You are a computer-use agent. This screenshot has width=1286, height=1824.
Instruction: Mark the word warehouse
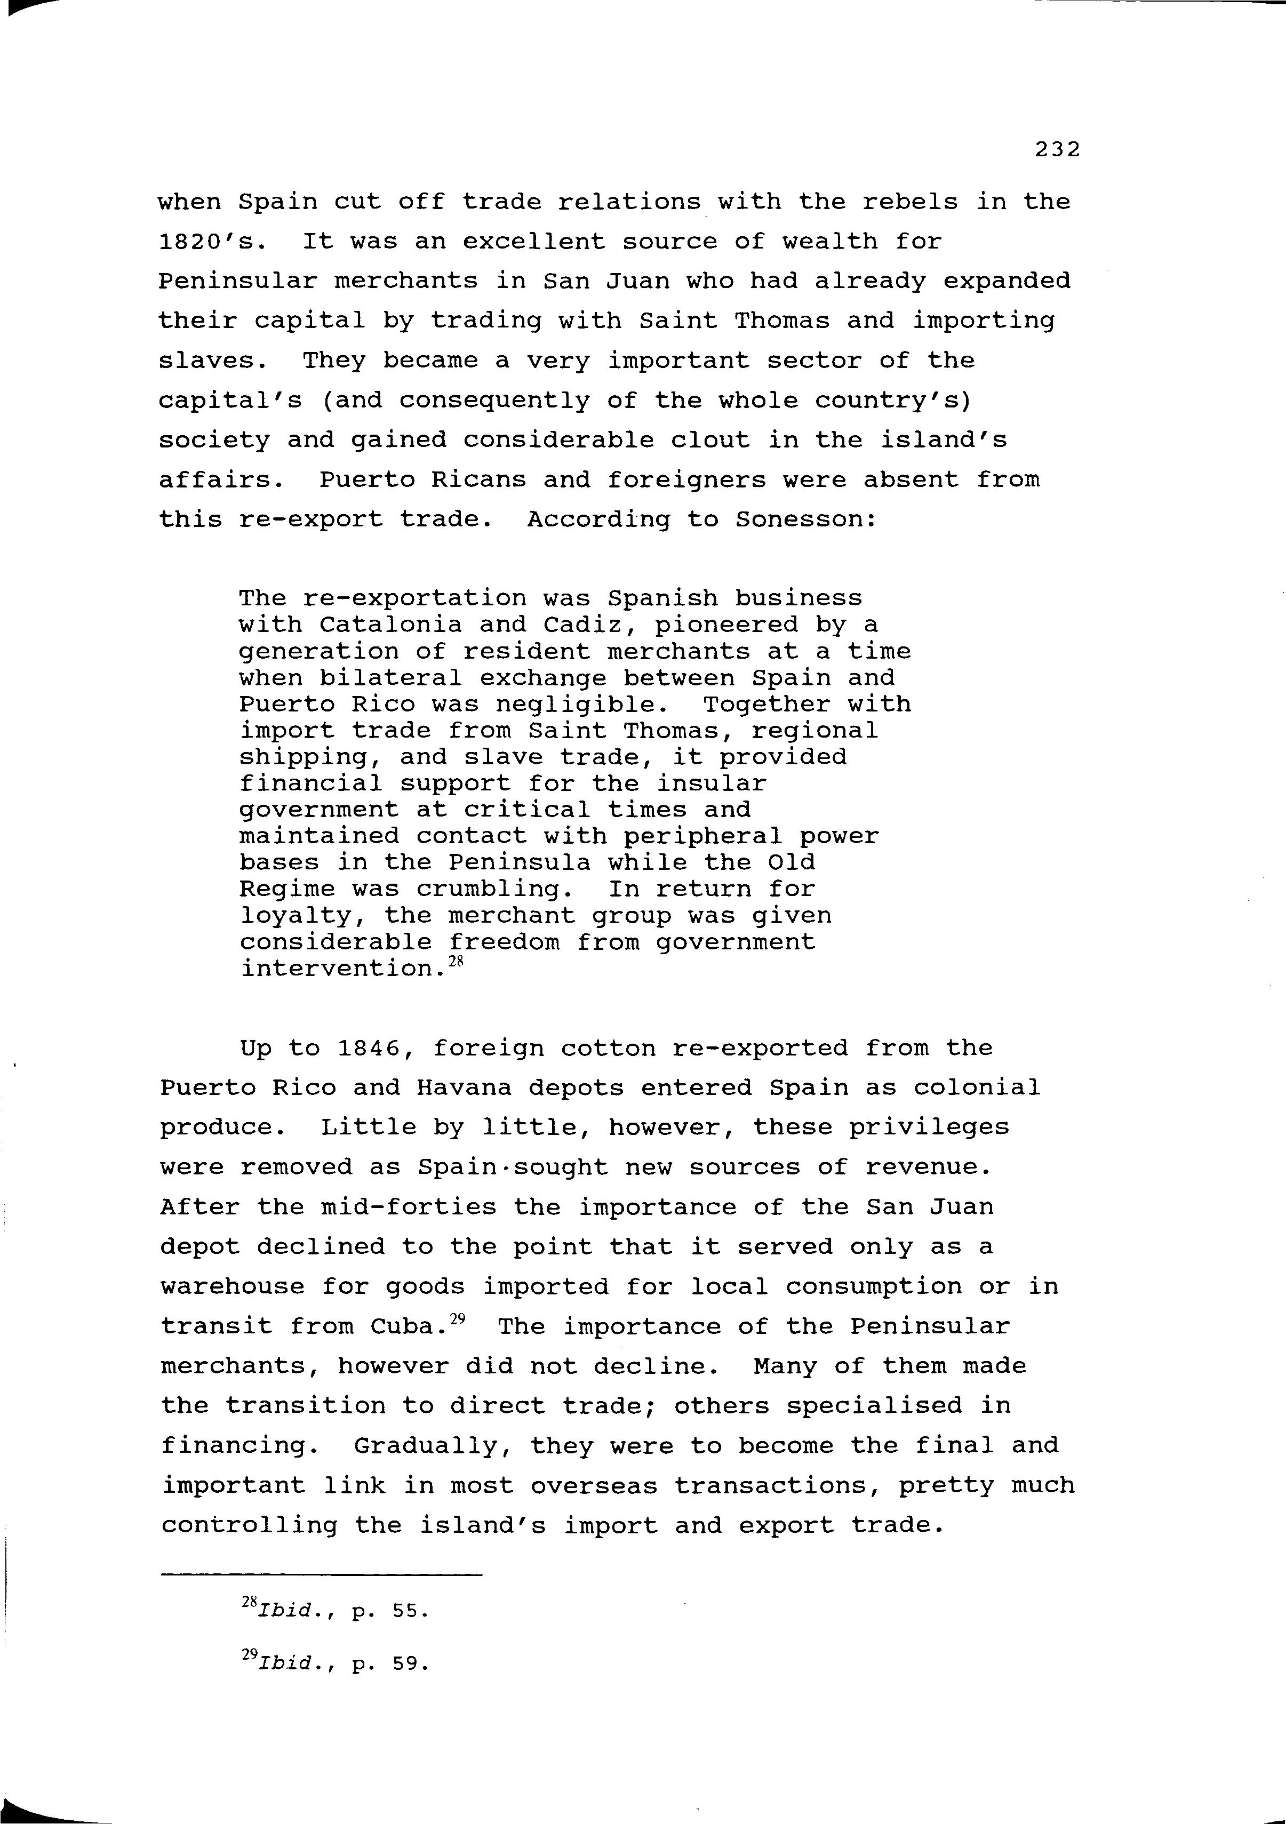[232, 1287]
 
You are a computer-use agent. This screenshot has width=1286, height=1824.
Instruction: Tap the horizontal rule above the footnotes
[321, 1574]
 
